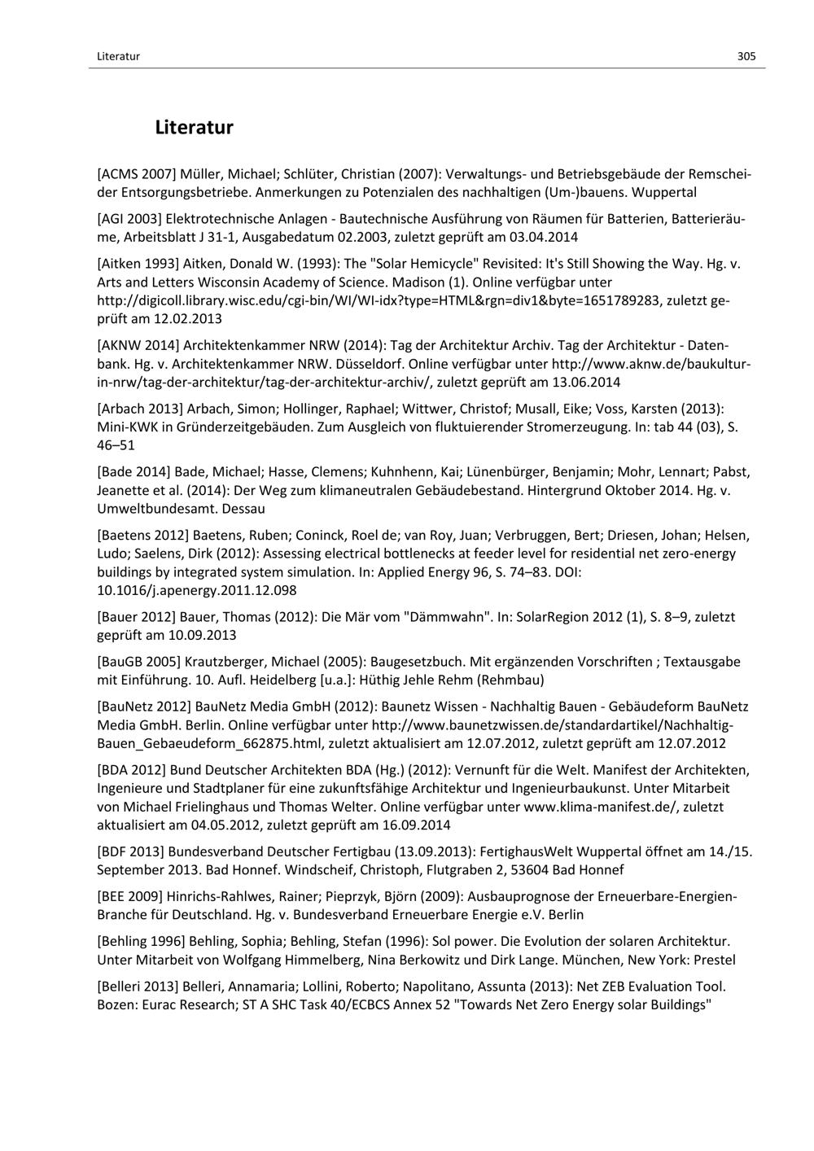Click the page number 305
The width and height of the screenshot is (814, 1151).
[746, 56]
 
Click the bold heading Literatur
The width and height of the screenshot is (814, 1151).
[194, 128]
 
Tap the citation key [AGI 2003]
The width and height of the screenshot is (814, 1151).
[129, 219]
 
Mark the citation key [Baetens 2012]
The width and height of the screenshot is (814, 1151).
[142, 536]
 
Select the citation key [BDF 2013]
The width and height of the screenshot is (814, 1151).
[131, 851]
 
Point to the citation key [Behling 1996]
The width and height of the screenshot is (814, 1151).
[141, 942]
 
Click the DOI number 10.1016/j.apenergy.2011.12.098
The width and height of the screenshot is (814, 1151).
[196, 590]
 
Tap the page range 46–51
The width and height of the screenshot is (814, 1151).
[116, 445]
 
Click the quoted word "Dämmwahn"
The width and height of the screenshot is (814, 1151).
[448, 617]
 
